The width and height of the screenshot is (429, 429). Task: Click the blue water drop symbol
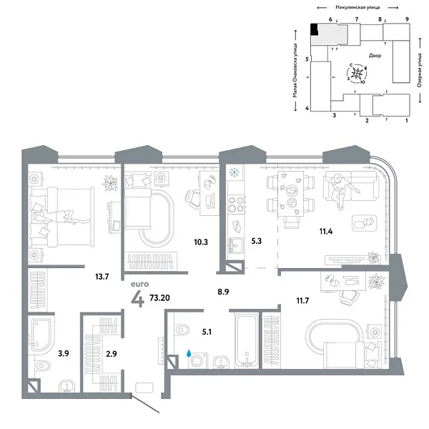click(189, 352)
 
